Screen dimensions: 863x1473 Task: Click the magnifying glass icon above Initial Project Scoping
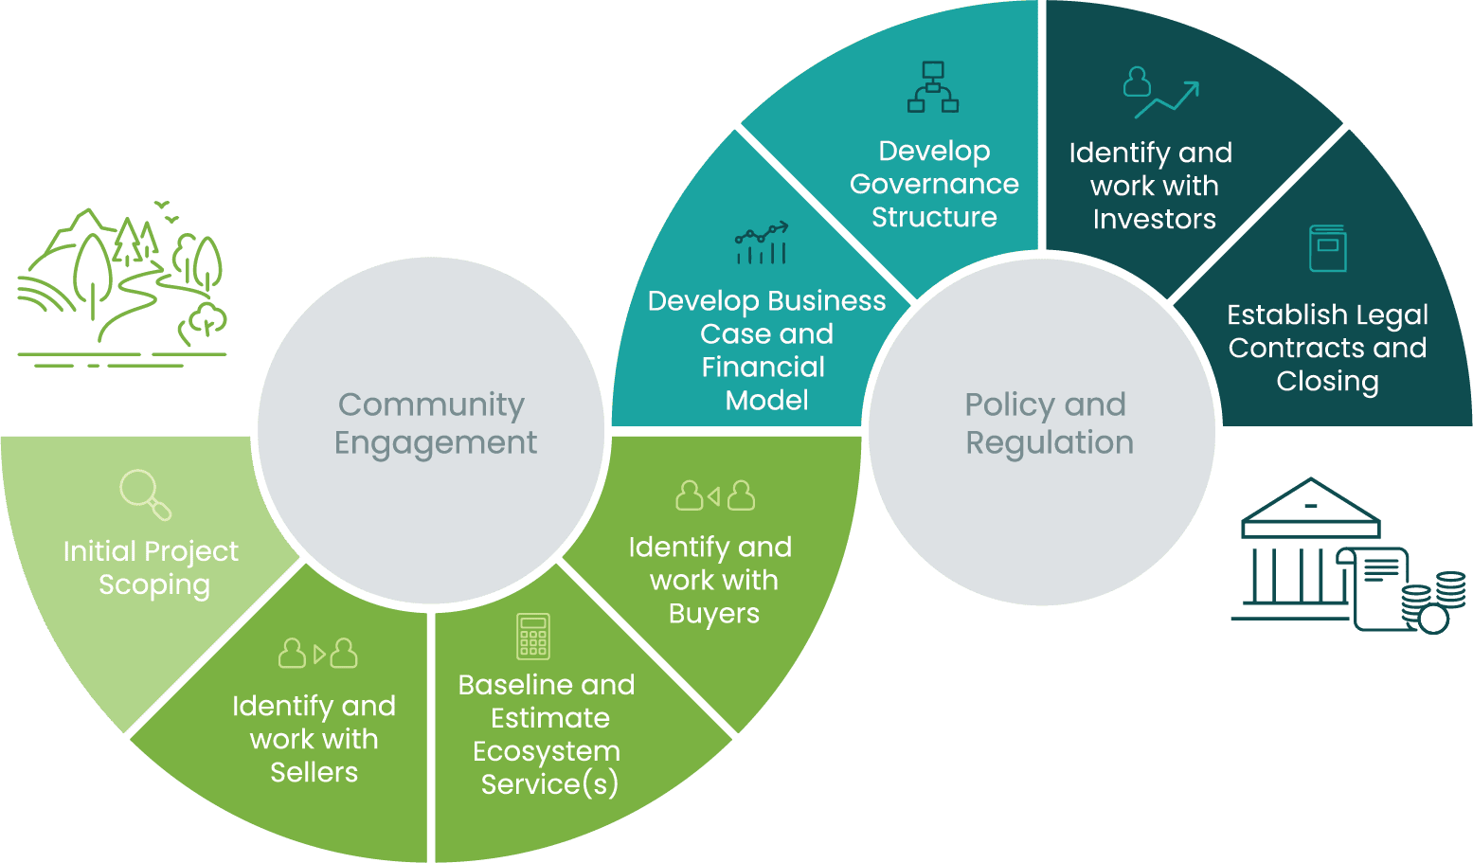145,494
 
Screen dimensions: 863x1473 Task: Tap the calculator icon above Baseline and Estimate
533,636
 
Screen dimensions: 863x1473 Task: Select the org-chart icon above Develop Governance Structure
933,87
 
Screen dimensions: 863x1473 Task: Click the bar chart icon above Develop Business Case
762,243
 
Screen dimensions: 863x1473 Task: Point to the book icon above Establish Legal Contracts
1327,248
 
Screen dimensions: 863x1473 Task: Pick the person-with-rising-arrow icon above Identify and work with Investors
1160,92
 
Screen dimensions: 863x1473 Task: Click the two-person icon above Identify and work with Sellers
318,653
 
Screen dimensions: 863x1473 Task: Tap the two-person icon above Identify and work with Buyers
715,494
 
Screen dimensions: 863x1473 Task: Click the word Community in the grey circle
431,405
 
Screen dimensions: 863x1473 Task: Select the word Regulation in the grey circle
1050,442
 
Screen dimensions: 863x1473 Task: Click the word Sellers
314,772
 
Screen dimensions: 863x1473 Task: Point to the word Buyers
714,614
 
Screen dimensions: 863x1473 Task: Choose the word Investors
1154,219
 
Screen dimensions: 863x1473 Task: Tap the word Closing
1327,381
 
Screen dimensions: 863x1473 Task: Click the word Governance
934,184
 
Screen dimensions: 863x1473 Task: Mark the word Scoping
154,585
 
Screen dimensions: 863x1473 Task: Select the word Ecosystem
547,751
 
